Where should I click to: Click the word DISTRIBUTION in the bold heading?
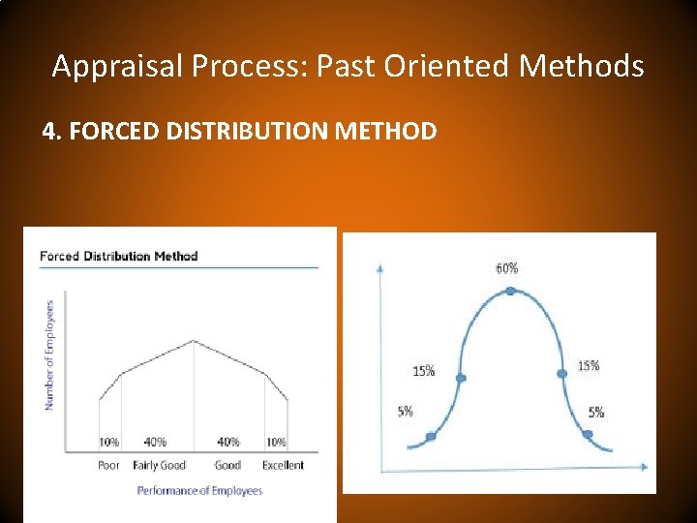pyautogui.click(x=251, y=130)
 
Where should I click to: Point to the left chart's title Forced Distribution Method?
pyautogui.click(x=118, y=256)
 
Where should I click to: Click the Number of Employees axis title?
pyautogui.click(x=50, y=353)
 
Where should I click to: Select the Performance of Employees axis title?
pyautogui.click(x=199, y=491)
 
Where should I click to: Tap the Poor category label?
pyautogui.click(x=109, y=465)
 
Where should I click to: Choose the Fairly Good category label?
pyautogui.click(x=159, y=465)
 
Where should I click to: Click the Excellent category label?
pyautogui.click(x=283, y=465)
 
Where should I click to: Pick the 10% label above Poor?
pyautogui.click(x=109, y=443)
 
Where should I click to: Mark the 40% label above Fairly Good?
pyautogui.click(x=155, y=443)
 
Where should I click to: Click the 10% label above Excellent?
pyautogui.click(x=276, y=443)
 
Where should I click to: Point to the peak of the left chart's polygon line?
pyautogui.click(x=194, y=341)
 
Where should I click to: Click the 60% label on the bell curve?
pyautogui.click(x=507, y=268)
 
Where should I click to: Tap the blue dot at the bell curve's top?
pyautogui.click(x=510, y=290)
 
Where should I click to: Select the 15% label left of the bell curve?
pyautogui.click(x=423, y=370)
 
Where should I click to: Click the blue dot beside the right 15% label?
pyautogui.click(x=561, y=373)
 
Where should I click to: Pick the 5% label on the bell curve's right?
pyautogui.click(x=596, y=413)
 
